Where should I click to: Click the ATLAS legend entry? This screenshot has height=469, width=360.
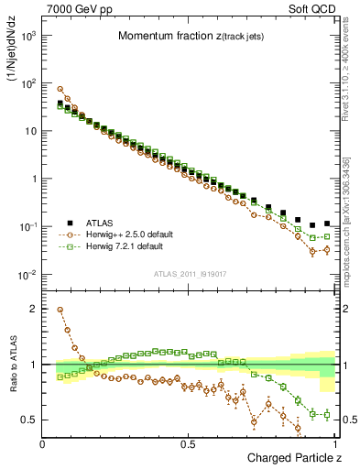click(x=104, y=222)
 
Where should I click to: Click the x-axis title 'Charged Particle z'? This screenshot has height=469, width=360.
click(x=289, y=458)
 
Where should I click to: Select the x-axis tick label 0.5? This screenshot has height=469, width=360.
click(x=189, y=444)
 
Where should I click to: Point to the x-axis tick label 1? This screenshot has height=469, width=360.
click(x=336, y=444)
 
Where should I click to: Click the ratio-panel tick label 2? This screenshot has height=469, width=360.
click(x=34, y=310)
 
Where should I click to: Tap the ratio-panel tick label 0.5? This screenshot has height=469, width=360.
click(x=29, y=420)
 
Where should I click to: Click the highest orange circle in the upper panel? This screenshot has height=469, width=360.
click(x=60, y=89)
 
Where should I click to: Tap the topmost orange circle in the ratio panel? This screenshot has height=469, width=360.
click(x=60, y=310)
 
